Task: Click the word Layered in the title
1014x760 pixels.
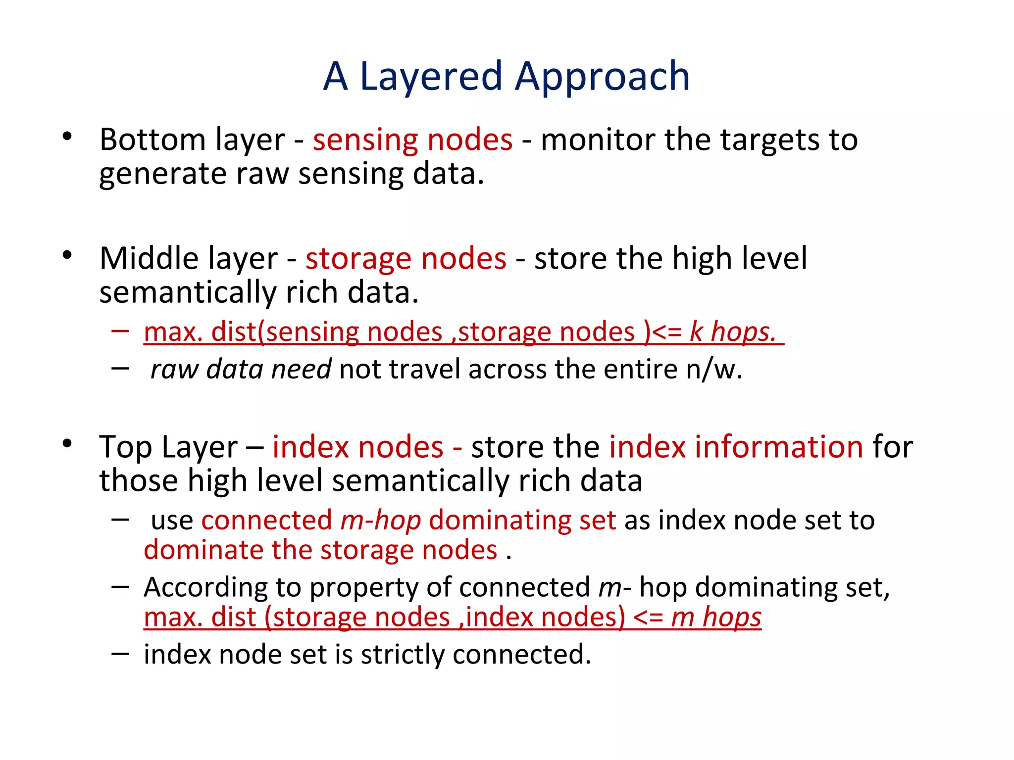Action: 431,77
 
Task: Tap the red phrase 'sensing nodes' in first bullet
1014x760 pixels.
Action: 412,140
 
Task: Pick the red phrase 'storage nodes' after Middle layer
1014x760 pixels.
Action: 406,258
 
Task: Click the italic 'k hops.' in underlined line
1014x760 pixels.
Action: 733,332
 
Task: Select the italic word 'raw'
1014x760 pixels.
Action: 174,370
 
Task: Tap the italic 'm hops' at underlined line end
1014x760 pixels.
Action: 716,617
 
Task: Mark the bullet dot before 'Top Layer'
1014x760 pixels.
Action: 68,443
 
